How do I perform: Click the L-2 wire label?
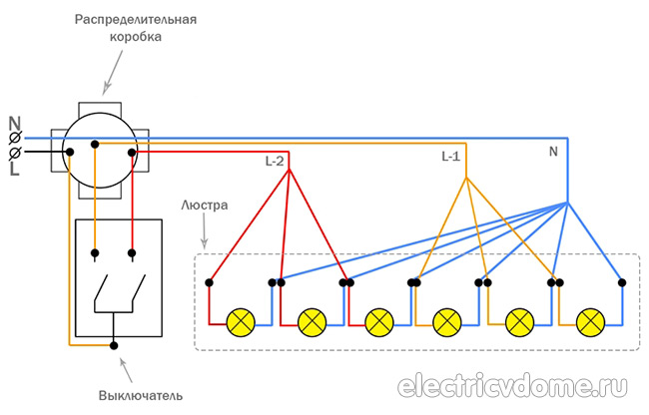(x=276, y=161)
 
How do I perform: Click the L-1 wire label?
(x=451, y=157)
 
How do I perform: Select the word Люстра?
(x=204, y=206)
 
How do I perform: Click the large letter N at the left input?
(x=14, y=125)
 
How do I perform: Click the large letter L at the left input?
(x=14, y=171)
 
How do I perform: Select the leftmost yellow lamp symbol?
(x=241, y=322)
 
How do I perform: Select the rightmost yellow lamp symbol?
(x=592, y=322)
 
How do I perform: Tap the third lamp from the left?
(x=379, y=322)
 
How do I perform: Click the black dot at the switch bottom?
(x=115, y=345)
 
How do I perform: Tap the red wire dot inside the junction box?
(x=131, y=152)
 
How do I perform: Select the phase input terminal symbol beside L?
(x=15, y=154)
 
